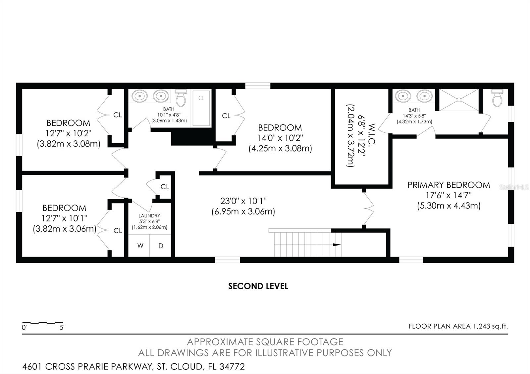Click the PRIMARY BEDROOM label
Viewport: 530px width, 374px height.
pyautogui.click(x=449, y=185)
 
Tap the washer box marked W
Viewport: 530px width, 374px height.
pyautogui.click(x=140, y=246)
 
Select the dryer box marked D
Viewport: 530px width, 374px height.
pyautogui.click(x=161, y=246)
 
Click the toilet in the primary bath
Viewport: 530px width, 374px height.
pyautogui.click(x=497, y=99)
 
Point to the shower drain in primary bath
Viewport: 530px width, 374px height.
pyautogui.click(x=459, y=99)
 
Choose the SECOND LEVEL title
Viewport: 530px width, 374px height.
pyautogui.click(x=258, y=286)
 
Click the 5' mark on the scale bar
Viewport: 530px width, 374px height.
pyautogui.click(x=62, y=328)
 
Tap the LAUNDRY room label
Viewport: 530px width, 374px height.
pyautogui.click(x=149, y=216)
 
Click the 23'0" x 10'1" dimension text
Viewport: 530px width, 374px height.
pyautogui.click(x=243, y=201)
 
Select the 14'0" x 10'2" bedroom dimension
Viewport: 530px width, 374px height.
pyautogui.click(x=280, y=138)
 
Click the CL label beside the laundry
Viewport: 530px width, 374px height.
pyautogui.click(x=165, y=187)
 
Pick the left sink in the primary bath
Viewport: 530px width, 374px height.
pyautogui.click(x=403, y=96)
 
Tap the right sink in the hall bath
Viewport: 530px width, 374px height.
pyautogui.click(x=161, y=96)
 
